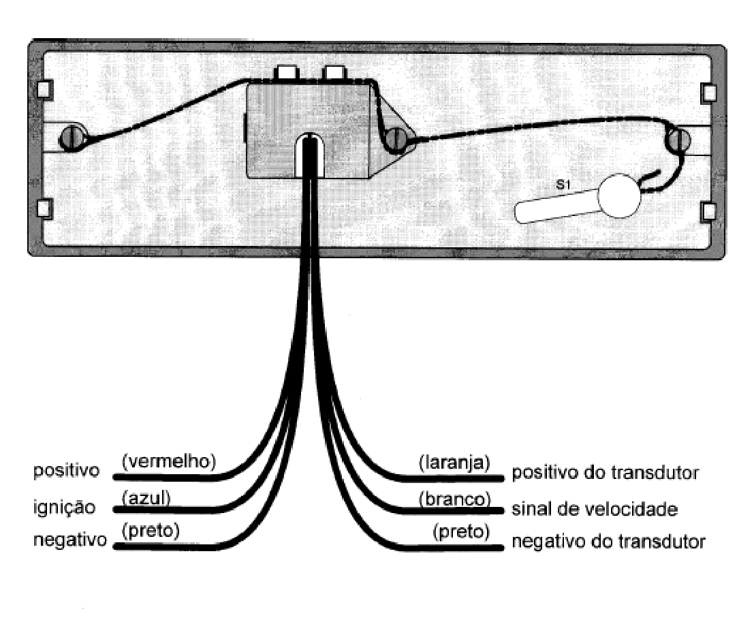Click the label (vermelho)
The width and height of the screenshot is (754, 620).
click(169, 462)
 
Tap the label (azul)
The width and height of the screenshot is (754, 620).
click(146, 498)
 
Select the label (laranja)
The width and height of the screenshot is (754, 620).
click(454, 463)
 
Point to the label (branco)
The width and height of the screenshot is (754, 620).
click(454, 499)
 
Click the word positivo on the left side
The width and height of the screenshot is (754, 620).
click(66, 471)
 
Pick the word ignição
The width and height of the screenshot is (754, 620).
click(65, 508)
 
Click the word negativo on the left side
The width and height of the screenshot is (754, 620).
click(69, 540)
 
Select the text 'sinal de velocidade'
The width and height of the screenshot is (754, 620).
click(595, 509)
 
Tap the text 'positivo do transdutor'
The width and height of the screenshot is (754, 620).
click(605, 473)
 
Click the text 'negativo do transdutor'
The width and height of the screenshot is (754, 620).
click(608, 542)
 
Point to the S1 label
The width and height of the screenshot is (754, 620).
click(563, 184)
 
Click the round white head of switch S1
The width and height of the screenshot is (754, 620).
click(619, 196)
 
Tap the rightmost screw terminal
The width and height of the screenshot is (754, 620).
click(678, 140)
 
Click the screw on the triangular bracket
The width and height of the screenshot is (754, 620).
click(396, 139)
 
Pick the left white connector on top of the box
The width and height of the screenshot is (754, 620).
click(287, 73)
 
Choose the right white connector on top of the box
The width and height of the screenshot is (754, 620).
click(334, 73)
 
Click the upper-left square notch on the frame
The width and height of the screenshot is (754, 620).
click(45, 89)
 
